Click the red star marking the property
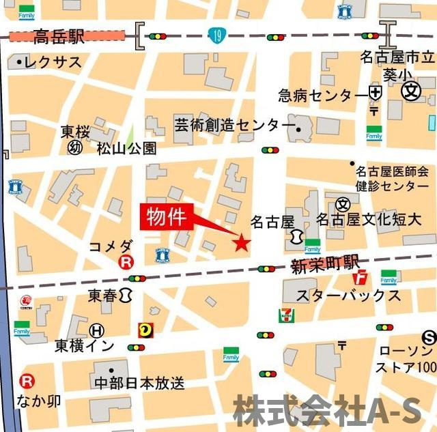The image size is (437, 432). (241, 242)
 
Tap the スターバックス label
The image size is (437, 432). (348, 295)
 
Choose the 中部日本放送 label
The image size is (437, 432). (139, 383)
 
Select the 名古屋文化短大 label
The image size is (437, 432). (368, 220)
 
